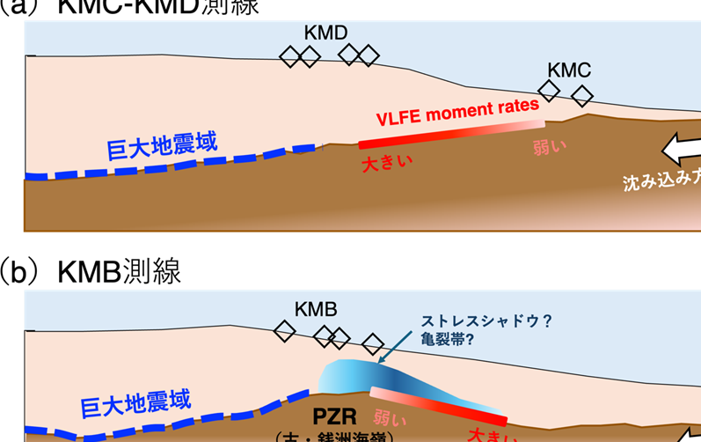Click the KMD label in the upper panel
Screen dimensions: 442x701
(326, 33)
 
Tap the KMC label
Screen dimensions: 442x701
(568, 69)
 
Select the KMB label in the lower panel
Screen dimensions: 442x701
(317, 310)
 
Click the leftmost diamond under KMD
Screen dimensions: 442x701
(289, 57)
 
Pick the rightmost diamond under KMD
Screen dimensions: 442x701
(369, 55)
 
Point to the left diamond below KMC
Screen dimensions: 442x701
(549, 89)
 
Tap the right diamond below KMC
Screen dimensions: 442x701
(581, 95)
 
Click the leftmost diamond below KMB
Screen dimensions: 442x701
(284, 332)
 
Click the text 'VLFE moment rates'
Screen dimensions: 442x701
(457, 112)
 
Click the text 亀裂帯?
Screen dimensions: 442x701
(448, 339)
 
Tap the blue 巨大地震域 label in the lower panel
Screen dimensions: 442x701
(135, 405)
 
